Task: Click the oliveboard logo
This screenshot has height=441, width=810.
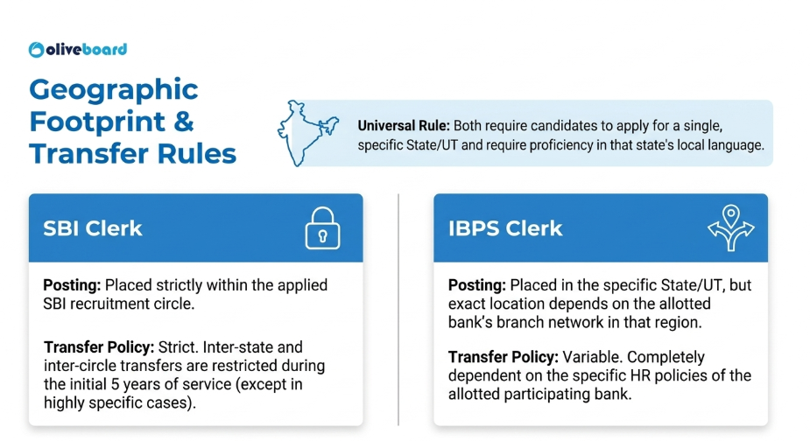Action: [77, 50]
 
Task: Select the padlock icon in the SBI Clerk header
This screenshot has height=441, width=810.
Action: [322, 228]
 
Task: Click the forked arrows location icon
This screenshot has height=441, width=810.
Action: [730, 227]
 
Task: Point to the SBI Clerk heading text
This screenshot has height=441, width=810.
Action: [93, 228]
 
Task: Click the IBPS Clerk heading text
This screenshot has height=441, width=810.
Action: [504, 228]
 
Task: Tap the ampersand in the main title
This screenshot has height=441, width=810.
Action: [183, 122]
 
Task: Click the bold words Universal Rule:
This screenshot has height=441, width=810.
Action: [404, 126]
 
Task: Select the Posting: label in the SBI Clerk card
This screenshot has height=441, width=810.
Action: [72, 285]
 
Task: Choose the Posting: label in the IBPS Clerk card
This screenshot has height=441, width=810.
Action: [476, 285]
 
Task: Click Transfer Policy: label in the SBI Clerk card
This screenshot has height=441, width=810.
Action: [99, 347]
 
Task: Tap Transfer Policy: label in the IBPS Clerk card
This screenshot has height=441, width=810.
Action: [504, 357]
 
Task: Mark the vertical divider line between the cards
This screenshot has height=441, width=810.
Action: [398, 310]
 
